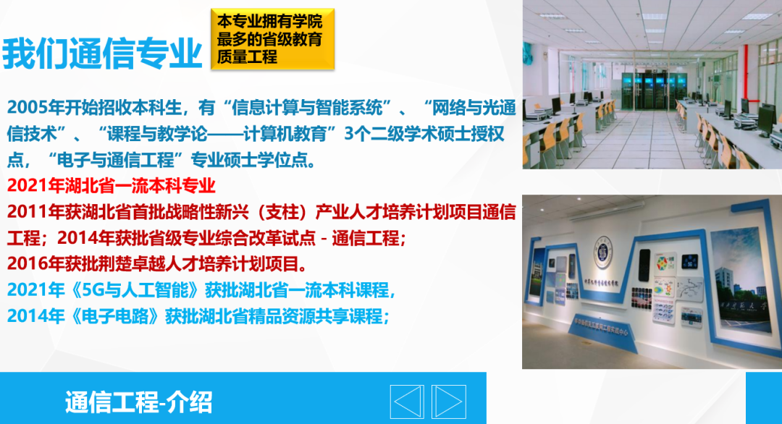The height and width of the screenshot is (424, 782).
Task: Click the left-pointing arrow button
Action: point(407,402)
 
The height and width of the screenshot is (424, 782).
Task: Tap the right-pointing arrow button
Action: point(449,402)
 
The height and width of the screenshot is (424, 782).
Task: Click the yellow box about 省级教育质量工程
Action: point(272,39)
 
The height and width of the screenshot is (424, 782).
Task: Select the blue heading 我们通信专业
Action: point(102,53)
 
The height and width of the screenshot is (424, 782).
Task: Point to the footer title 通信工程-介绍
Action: point(138,402)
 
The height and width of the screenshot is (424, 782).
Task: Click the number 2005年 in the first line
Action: point(35,108)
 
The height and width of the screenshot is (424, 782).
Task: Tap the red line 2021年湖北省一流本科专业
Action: point(112,186)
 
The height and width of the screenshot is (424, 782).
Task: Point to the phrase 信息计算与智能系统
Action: point(308,108)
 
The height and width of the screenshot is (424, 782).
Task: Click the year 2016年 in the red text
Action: point(35,264)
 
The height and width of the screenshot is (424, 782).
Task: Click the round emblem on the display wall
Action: point(603,252)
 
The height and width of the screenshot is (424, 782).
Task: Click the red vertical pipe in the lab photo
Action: point(746,72)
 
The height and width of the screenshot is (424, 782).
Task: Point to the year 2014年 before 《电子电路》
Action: point(35,316)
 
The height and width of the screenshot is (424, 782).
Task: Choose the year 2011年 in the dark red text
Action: point(35,212)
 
